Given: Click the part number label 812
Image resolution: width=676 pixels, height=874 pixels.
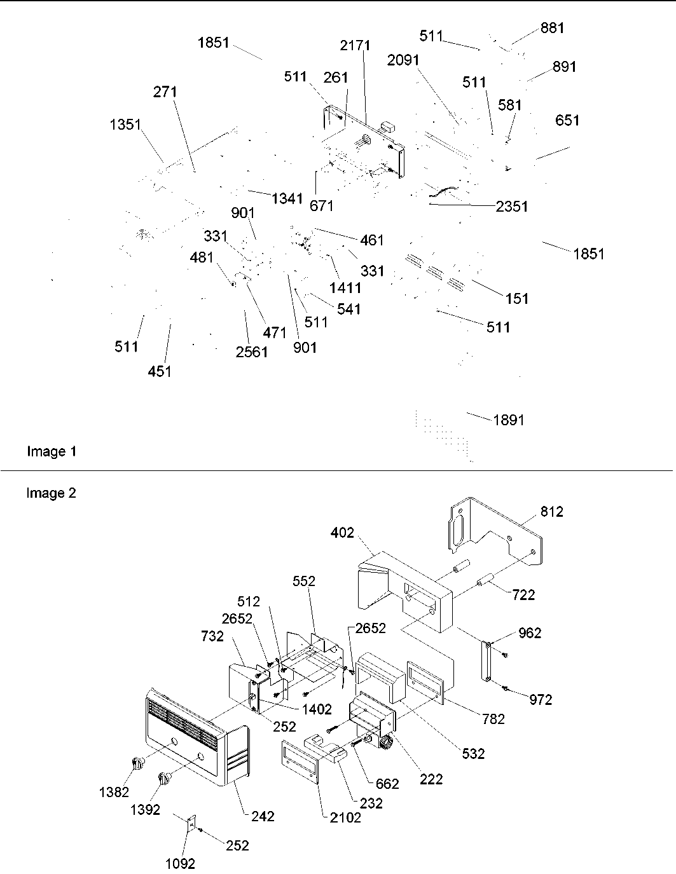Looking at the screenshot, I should coord(551,512).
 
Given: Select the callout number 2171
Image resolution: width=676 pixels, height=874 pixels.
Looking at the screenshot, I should coord(355,46).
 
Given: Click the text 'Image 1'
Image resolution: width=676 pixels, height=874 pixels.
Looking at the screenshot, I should coord(52,452).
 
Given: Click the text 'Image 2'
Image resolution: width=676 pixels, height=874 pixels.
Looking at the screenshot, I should coord(52,493).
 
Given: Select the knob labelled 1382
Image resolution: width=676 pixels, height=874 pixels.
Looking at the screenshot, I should coord(137,763).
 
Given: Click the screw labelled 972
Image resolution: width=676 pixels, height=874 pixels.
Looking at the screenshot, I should coord(506,688).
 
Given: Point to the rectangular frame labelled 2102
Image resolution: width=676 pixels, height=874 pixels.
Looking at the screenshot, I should coord(298,765).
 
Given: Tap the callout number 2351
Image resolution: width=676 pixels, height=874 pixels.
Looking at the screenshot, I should coord(512,207).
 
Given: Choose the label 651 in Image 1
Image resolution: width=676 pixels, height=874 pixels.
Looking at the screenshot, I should coord(567,120).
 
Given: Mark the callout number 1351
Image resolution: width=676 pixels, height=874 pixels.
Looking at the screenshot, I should coord(125,125).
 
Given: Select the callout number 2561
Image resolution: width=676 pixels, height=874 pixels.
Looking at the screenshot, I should coord(252,352).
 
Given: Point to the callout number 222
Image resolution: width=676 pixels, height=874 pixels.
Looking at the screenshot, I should coord(431,779).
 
